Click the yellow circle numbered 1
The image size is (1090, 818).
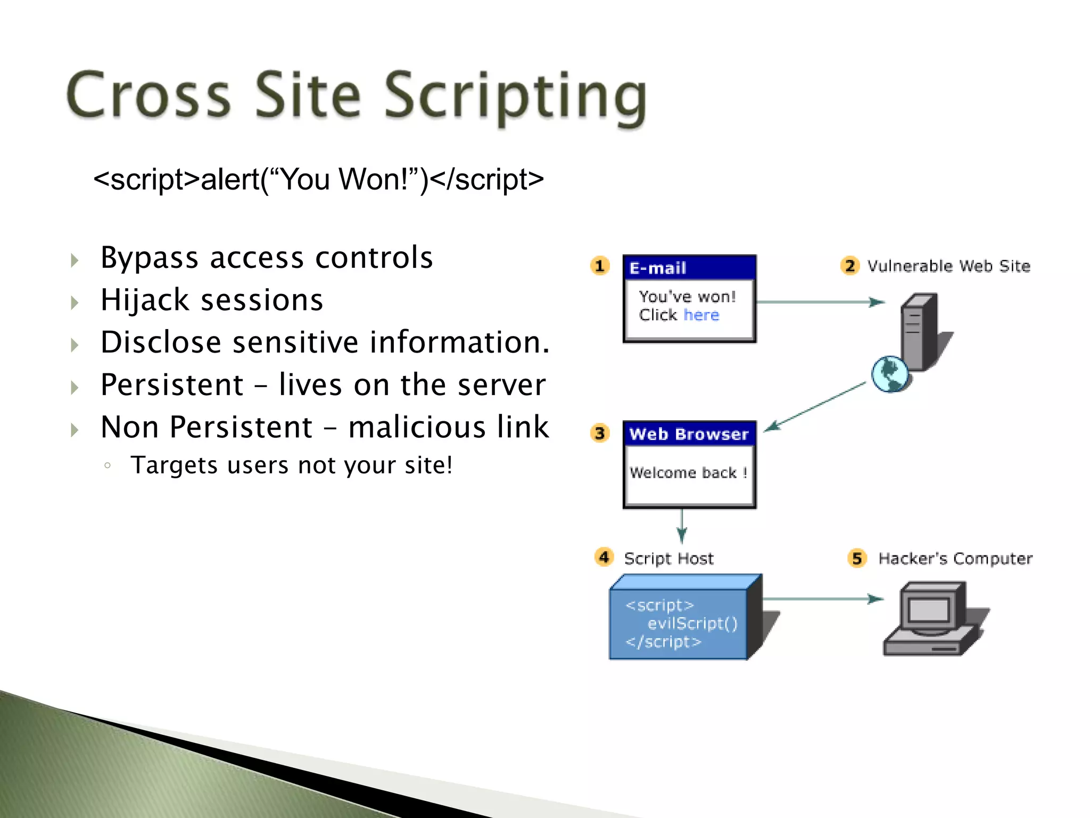coord(600,265)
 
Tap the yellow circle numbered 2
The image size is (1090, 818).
coord(850,265)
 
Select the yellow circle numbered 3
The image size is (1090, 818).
coord(600,432)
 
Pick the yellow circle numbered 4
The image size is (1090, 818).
coord(604,557)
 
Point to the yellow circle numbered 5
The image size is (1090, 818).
coord(857,558)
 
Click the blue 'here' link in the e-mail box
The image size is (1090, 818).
coord(701,315)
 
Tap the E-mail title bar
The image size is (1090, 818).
coord(689,268)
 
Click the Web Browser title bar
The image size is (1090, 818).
coord(689,434)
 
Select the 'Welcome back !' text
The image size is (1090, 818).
coord(688,472)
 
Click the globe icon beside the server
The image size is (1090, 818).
coord(889,374)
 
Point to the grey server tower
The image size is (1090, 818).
coord(919,331)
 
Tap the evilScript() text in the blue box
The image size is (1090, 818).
coord(692,623)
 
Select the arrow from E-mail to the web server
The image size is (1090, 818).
coord(820,302)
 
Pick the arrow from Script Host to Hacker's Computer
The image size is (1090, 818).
coord(822,599)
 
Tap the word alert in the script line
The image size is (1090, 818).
coord(230,179)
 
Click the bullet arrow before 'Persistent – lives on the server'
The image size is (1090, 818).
coord(75,387)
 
